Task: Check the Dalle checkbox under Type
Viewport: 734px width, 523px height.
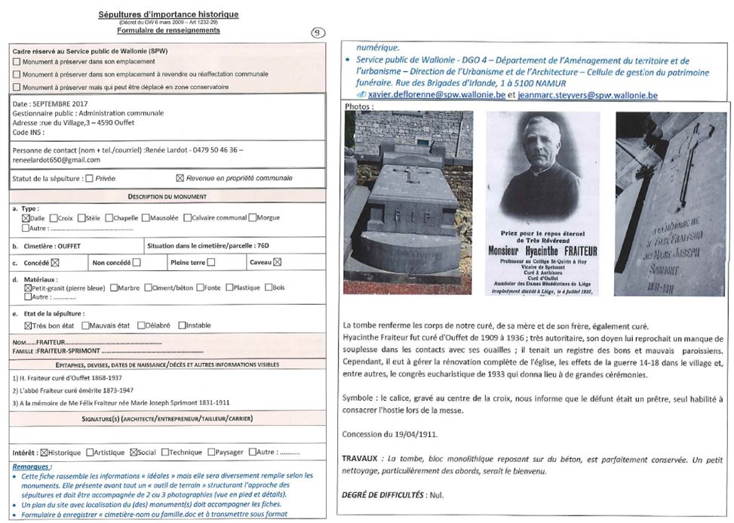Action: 26,218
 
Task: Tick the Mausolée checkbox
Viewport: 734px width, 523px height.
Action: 148,218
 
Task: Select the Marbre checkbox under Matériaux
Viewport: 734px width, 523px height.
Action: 114,288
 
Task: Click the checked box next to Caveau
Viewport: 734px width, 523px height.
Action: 277,263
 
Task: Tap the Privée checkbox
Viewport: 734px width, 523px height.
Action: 90,179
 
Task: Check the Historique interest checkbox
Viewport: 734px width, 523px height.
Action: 44,453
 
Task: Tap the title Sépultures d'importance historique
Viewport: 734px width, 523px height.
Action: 168,14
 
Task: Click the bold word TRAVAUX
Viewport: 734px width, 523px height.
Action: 360,459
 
